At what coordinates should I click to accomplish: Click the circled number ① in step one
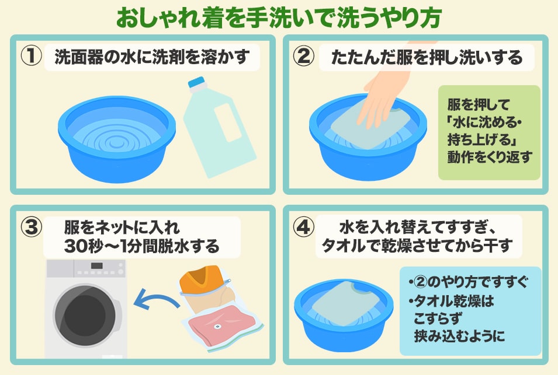pos(32,56)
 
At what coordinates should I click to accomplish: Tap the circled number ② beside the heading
pos(303,56)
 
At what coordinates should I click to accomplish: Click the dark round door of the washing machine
pos(85,315)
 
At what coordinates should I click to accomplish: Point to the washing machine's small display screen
pos(97,265)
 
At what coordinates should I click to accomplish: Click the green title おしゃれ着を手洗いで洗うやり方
pos(279,17)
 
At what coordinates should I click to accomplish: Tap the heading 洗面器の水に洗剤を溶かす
pos(152,57)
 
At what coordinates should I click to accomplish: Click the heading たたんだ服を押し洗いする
pos(427,57)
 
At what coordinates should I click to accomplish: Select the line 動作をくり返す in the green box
pos(490,157)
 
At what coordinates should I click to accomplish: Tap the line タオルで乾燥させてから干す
pos(417,246)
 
